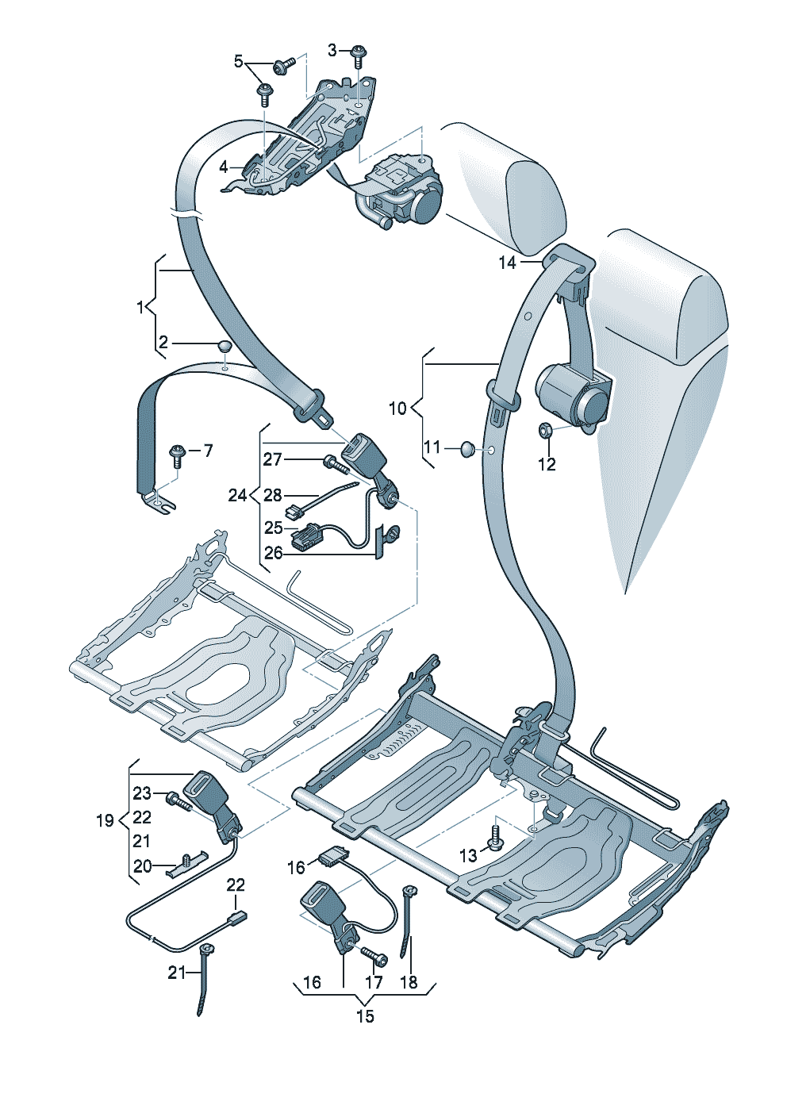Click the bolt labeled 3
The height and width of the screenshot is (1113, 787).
pos(359,55)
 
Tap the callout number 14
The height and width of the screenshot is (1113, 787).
pos(507,263)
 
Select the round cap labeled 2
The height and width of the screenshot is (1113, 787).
pos(225,345)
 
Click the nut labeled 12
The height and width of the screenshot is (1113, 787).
pos(547,432)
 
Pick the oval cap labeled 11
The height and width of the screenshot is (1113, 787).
pos(466,450)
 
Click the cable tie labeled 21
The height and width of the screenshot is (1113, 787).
pos(205,976)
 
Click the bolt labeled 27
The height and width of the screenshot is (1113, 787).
pos(331,461)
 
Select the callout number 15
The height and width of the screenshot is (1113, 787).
pos(364,1016)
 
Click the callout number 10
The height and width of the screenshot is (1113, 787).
pos(397,409)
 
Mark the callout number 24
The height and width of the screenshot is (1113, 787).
pos(237,495)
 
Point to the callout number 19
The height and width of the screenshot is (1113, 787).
pos(105,820)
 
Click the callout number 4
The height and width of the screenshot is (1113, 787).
pos(224,167)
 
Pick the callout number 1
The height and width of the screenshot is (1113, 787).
pos(140,306)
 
